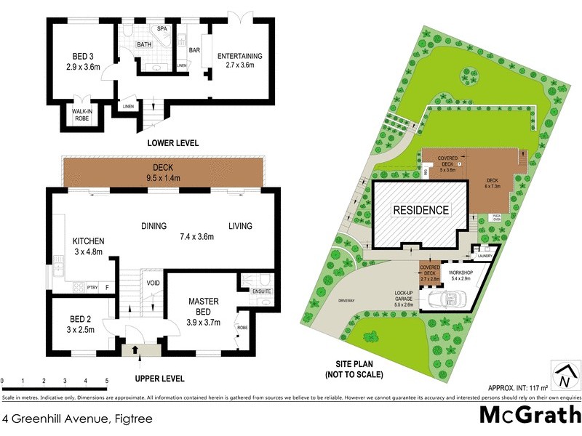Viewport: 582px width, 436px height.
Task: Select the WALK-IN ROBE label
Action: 81,115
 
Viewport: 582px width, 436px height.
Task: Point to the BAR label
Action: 194,51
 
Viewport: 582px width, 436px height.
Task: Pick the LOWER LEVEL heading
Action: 172,143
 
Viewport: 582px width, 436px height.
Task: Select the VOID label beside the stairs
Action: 153,283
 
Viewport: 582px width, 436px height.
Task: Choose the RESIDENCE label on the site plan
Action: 421,210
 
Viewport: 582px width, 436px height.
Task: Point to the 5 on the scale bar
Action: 107,381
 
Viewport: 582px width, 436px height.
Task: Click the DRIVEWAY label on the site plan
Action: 346,297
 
